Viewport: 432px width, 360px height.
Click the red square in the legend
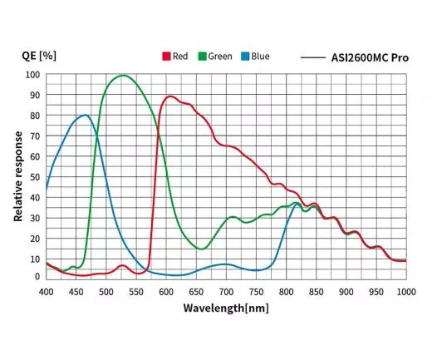(165, 57)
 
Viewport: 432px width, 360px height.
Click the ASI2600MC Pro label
(367, 57)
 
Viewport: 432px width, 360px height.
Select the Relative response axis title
(17, 175)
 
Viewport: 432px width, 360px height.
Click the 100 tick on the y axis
(32, 75)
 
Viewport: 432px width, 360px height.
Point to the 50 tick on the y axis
(34, 176)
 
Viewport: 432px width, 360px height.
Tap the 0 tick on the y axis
(37, 277)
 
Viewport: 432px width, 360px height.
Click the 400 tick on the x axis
(47, 291)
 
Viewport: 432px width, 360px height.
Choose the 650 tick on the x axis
(226, 291)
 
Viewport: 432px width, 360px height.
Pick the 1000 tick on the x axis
(405, 291)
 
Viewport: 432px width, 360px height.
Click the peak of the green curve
(123, 76)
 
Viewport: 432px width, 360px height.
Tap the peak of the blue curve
(85, 115)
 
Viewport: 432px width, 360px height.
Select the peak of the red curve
(169, 96)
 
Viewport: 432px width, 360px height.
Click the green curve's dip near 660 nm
(202, 249)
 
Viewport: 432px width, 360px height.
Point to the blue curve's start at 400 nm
(47, 188)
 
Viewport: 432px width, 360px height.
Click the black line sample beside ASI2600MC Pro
(312, 57)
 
